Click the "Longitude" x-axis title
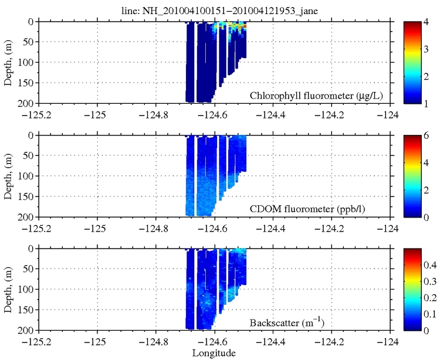tap(214, 353)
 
